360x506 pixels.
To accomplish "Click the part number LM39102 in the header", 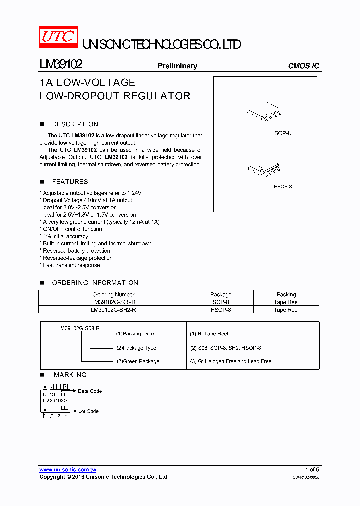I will click(x=61, y=65).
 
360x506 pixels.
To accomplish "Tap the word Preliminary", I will click(x=177, y=66).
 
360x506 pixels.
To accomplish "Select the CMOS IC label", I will click(x=303, y=66).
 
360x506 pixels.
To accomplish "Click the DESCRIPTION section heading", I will click(x=75, y=124).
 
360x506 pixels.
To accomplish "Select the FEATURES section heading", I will click(x=70, y=182).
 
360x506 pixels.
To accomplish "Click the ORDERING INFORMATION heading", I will click(x=95, y=283).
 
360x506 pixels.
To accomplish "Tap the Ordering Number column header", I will click(x=113, y=295).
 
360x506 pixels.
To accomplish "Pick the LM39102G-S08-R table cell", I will click(x=113, y=302).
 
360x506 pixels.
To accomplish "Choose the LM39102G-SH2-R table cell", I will click(x=113, y=310).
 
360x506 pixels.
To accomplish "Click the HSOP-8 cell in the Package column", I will click(x=221, y=310).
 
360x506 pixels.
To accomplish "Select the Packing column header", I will click(x=286, y=295).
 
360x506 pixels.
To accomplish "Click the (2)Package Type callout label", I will click(x=136, y=348).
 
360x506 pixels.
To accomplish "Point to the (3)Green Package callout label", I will click(x=138, y=361).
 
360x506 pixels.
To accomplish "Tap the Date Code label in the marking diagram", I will click(x=90, y=391).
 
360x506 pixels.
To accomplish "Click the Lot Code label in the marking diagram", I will click(x=88, y=411).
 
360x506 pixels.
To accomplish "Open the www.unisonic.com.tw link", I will click(x=68, y=470).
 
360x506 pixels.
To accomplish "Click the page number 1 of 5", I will click(x=312, y=470).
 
